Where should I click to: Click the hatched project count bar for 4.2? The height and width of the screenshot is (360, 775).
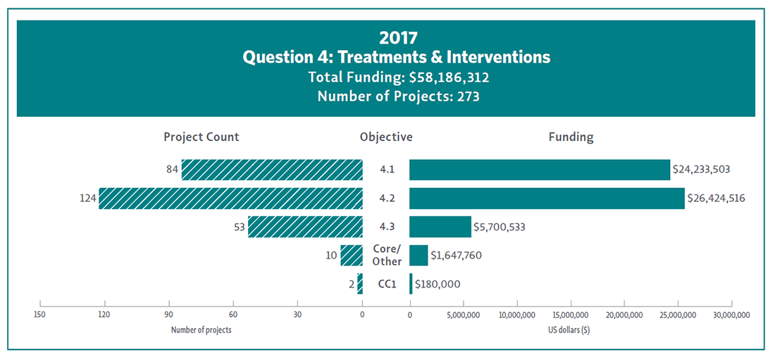point(230,199)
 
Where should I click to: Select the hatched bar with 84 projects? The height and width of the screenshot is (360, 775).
point(272,170)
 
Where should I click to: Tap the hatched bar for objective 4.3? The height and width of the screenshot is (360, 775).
point(305,227)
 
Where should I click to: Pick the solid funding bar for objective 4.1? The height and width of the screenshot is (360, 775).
point(539,170)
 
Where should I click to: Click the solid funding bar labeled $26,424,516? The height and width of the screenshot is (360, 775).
point(547,199)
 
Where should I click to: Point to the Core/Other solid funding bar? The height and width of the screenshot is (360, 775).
point(418,255)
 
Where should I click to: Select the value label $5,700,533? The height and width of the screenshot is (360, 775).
point(500,227)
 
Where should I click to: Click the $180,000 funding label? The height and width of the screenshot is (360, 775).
point(438,284)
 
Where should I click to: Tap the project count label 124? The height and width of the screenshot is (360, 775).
point(87,199)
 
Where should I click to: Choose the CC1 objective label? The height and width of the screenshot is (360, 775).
point(387,284)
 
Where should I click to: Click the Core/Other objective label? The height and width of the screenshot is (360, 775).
point(387,255)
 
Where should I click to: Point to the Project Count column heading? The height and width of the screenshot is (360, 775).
point(201,137)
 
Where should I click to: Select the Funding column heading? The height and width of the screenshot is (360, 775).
point(571,137)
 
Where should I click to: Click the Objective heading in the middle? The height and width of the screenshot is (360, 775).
point(386,137)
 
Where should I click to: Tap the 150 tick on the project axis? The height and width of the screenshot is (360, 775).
point(40,314)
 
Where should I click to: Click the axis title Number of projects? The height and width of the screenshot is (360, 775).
point(201,330)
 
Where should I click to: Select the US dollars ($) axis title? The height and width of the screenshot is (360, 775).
point(569,330)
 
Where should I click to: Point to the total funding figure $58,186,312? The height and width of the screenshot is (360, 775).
point(449,76)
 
